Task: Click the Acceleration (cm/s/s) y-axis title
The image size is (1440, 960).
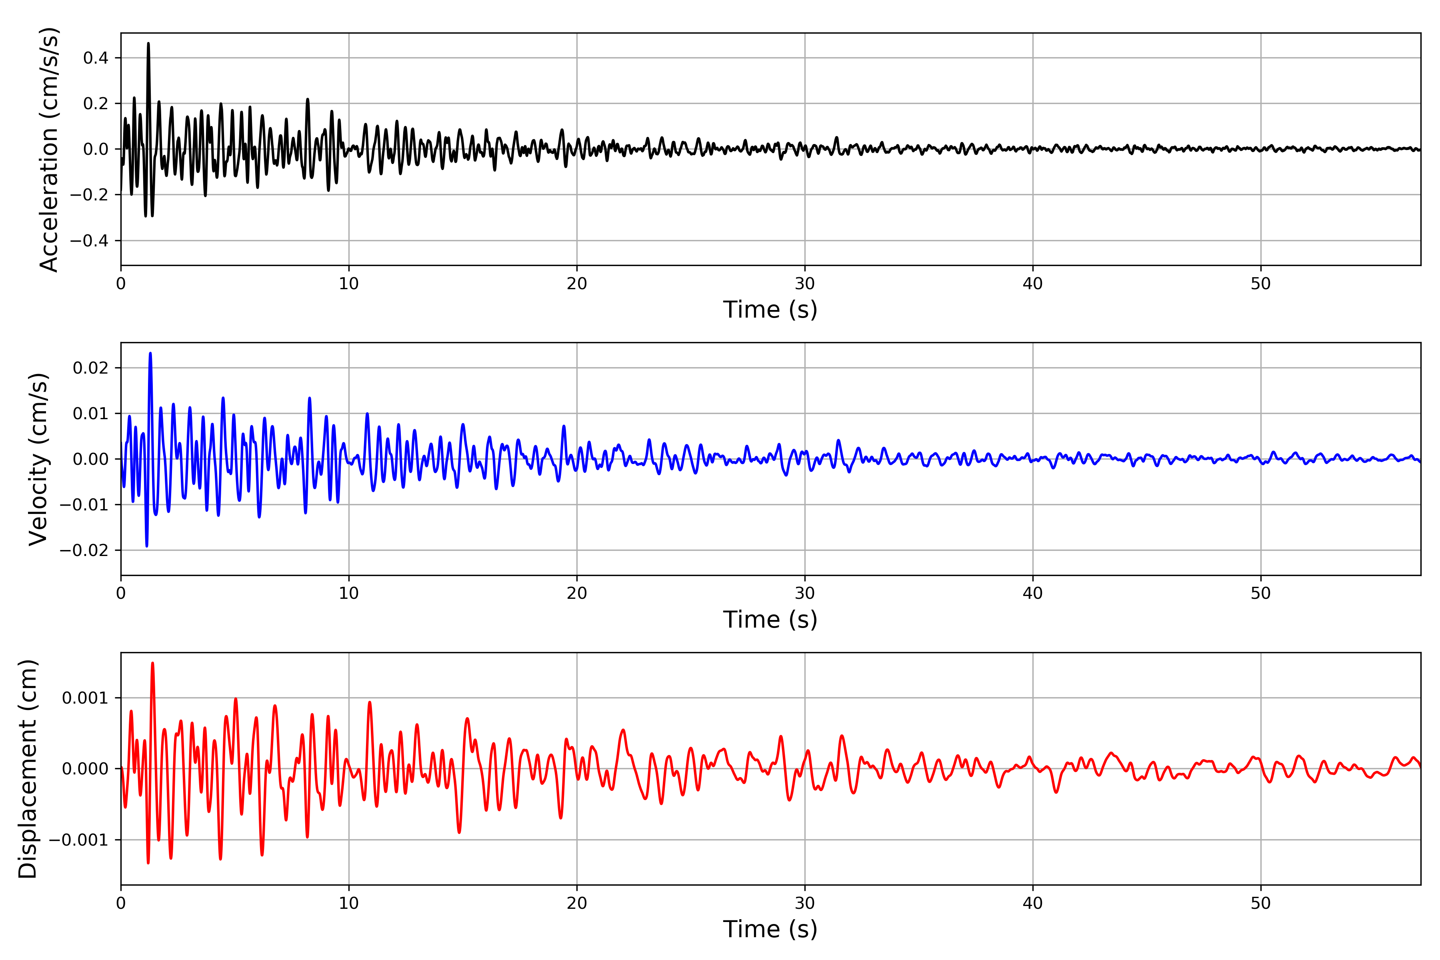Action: coord(49,149)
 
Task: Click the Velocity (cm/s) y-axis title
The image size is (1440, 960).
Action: coord(38,459)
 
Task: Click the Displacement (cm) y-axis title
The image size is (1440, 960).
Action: coord(28,769)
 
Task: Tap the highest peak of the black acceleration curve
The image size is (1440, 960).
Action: coord(148,44)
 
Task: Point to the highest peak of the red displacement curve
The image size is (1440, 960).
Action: coord(152,663)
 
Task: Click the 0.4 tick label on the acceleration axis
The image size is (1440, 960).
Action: coord(96,58)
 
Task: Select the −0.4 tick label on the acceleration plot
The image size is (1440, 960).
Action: coord(89,241)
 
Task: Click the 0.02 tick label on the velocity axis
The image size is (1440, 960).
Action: coord(91,368)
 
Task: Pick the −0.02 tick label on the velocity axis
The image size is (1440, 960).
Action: coord(84,550)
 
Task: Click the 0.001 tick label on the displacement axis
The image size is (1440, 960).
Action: coord(85,698)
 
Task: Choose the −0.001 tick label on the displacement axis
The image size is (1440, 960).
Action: coord(78,840)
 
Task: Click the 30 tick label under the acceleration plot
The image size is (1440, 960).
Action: coord(804,284)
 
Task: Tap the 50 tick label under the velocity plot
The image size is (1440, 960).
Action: coord(1261,593)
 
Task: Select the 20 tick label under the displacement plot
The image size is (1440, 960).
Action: coord(577,903)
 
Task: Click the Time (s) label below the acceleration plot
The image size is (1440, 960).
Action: coord(770,310)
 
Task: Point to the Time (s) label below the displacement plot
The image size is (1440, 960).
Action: coord(770,929)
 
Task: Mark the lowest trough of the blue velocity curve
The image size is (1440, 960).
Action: coord(147,546)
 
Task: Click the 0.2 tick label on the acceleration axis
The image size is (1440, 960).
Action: coord(96,104)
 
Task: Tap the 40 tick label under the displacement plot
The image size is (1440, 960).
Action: coord(1032,903)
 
